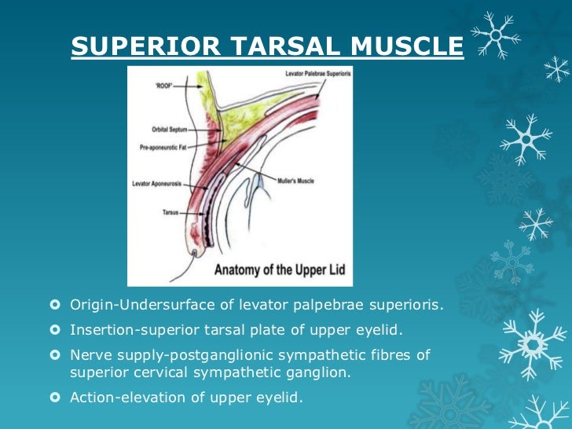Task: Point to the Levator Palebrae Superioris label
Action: pyautogui.click(x=312, y=73)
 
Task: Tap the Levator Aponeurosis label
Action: pyautogui.click(x=157, y=184)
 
